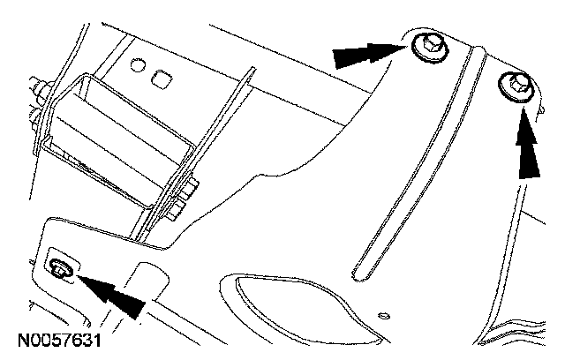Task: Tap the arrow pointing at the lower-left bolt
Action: (x=115, y=293)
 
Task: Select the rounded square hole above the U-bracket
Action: (x=161, y=80)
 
